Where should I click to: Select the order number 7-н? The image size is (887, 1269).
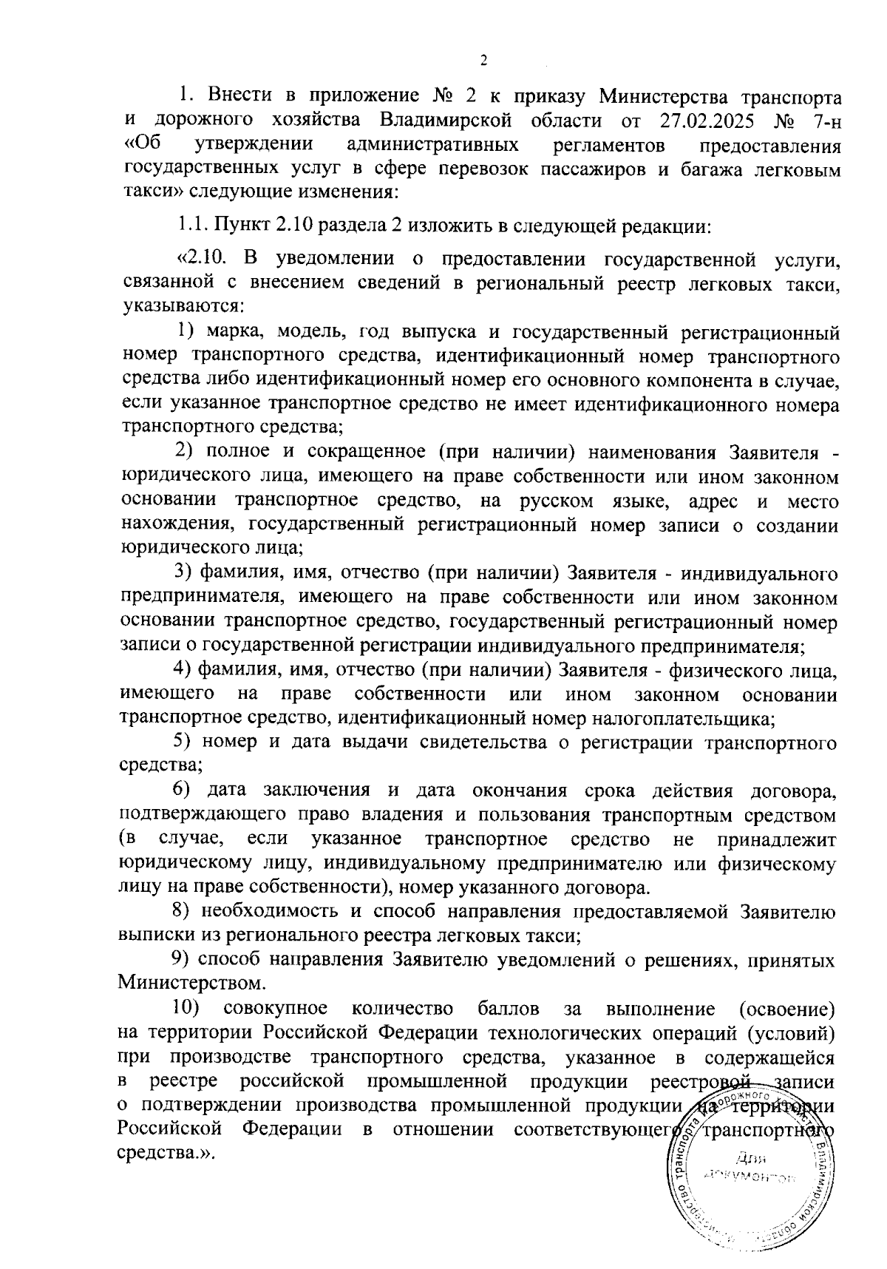pyautogui.click(x=819, y=121)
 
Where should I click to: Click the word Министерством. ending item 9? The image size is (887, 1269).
pyautogui.click(x=191, y=984)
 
